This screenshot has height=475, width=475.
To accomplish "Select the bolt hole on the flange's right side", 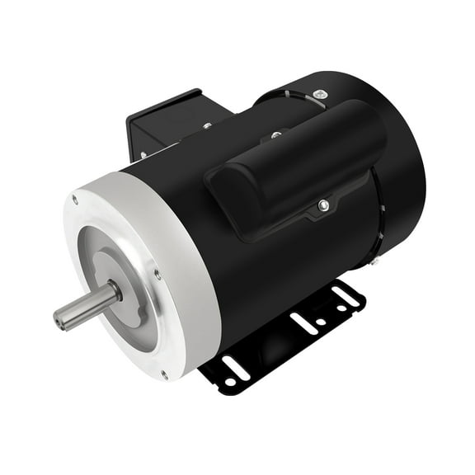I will click(x=158, y=274).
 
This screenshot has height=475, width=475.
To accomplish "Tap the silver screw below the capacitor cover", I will click(x=324, y=205).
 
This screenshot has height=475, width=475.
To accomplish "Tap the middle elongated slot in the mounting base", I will click(x=304, y=323).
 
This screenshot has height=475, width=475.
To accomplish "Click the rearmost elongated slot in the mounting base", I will click(x=346, y=294).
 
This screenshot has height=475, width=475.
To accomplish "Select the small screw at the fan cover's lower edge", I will click(x=374, y=261).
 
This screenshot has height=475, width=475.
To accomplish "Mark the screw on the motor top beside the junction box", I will click(x=207, y=126).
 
